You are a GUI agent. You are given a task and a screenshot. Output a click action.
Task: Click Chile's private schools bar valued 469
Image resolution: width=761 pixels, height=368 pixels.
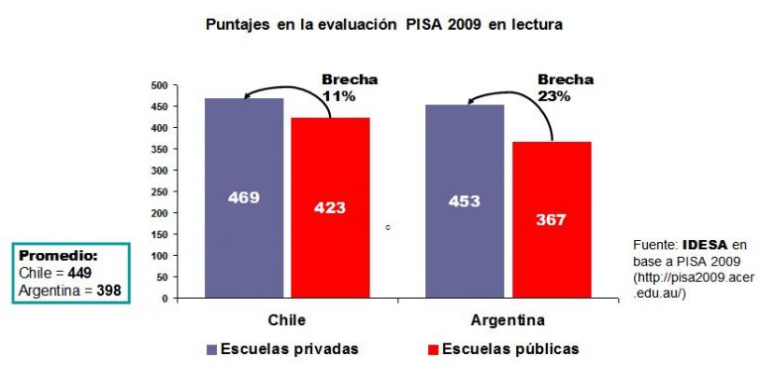pyautogui.click(x=244, y=198)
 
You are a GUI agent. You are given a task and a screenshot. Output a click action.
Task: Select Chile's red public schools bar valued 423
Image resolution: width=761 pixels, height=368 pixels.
pyautogui.click(x=330, y=208)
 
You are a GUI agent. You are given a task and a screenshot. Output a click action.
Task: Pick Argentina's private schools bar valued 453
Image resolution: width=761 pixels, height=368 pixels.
pyautogui.click(x=464, y=201)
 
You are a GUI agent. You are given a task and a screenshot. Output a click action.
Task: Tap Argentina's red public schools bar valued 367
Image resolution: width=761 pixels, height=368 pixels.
pyautogui.click(x=552, y=220)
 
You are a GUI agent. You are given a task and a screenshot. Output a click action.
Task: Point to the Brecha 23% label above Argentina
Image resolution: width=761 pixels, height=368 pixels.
pyautogui.click(x=565, y=88)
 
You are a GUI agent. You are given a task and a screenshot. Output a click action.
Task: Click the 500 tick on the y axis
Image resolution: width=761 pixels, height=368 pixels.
pyautogui.click(x=159, y=86)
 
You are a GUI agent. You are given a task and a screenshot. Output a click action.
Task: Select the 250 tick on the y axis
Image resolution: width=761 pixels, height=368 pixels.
pyautogui.click(x=159, y=192)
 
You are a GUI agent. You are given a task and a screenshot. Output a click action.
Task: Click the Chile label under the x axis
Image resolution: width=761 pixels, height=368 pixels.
pyautogui.click(x=286, y=320)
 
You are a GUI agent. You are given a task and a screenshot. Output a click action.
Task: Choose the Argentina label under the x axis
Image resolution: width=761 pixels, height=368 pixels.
pyautogui.click(x=508, y=320)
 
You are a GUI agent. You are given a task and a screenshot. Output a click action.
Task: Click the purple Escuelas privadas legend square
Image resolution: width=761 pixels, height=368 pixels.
pyautogui.click(x=212, y=349)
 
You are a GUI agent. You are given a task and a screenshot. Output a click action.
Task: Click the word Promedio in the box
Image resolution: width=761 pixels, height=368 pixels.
pyautogui.click(x=58, y=255)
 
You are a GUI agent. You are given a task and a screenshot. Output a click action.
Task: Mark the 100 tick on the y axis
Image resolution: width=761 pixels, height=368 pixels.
pyautogui.click(x=159, y=256)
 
